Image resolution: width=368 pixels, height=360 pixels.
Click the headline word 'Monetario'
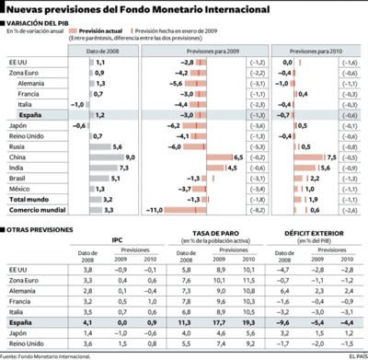tap(201, 9)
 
